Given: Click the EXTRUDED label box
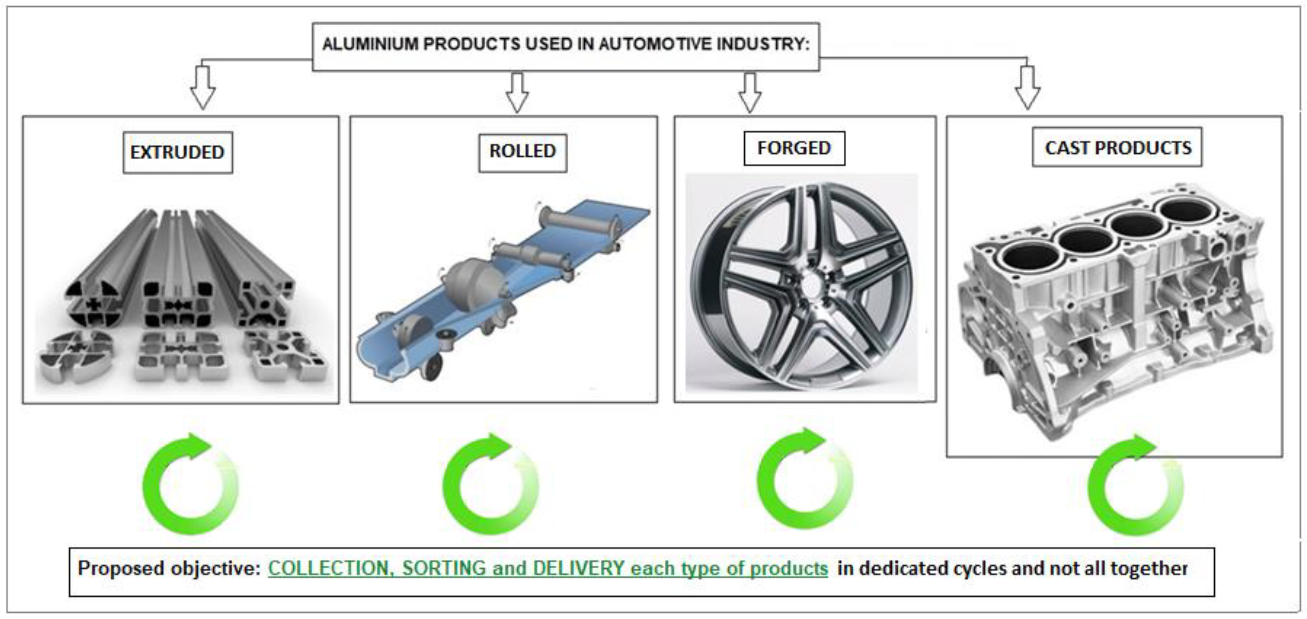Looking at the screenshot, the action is tap(177, 152).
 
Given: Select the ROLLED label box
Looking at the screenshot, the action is tap(522, 151).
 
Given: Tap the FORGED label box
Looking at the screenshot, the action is tap(794, 148).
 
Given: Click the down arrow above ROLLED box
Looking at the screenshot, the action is tap(517, 92).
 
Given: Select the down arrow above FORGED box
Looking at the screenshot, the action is tap(749, 92).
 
